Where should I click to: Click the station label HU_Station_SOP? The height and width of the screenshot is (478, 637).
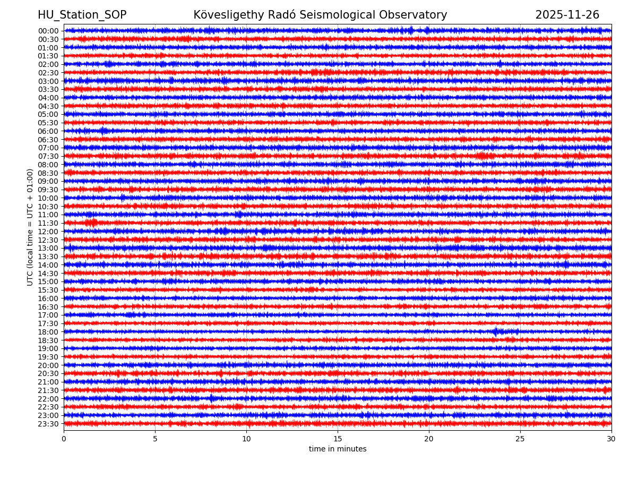coord(82,15)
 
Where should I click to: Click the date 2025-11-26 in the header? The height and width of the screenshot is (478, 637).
coord(567,15)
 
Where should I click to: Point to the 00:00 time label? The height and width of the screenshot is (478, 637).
coord(48,31)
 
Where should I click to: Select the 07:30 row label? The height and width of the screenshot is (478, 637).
coord(48,156)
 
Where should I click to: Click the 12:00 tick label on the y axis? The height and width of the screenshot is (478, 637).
coord(48,232)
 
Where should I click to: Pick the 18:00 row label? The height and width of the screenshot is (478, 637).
coord(48,332)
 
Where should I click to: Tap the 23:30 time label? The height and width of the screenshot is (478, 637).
coord(48,424)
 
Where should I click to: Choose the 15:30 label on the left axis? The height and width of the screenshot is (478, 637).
coord(48,290)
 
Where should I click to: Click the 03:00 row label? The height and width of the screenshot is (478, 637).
coord(48,81)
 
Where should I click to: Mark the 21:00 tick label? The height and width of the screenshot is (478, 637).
coord(48,382)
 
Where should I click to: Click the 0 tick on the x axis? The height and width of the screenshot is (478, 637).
coord(64,439)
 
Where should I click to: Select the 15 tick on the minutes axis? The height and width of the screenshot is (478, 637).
coord(338,439)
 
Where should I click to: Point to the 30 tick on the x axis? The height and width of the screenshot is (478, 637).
coord(612,439)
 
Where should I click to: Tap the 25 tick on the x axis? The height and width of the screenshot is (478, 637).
coord(520,439)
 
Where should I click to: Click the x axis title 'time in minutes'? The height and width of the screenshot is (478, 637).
coord(338,449)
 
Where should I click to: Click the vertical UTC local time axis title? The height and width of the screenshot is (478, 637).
coord(30,227)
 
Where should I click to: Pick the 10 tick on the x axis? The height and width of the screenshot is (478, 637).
coord(246,439)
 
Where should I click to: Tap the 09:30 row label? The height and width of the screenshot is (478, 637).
coord(48,190)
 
